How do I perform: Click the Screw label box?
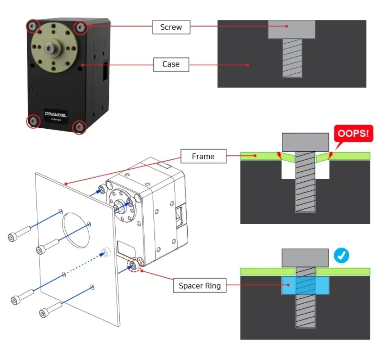pyautogui.click(x=171, y=27)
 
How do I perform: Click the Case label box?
pyautogui.click(x=171, y=64)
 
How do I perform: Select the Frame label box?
pyautogui.click(x=203, y=156)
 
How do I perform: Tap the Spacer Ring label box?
pyautogui.click(x=200, y=286)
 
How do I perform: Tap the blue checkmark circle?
pyautogui.click(x=342, y=256)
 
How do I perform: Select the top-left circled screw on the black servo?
pyautogui.click(x=32, y=27)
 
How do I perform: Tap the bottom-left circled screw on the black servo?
pyautogui.click(x=33, y=120)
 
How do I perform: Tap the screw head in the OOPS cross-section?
pyautogui.click(x=305, y=142)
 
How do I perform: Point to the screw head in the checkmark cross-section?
pyautogui.click(x=305, y=258)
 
